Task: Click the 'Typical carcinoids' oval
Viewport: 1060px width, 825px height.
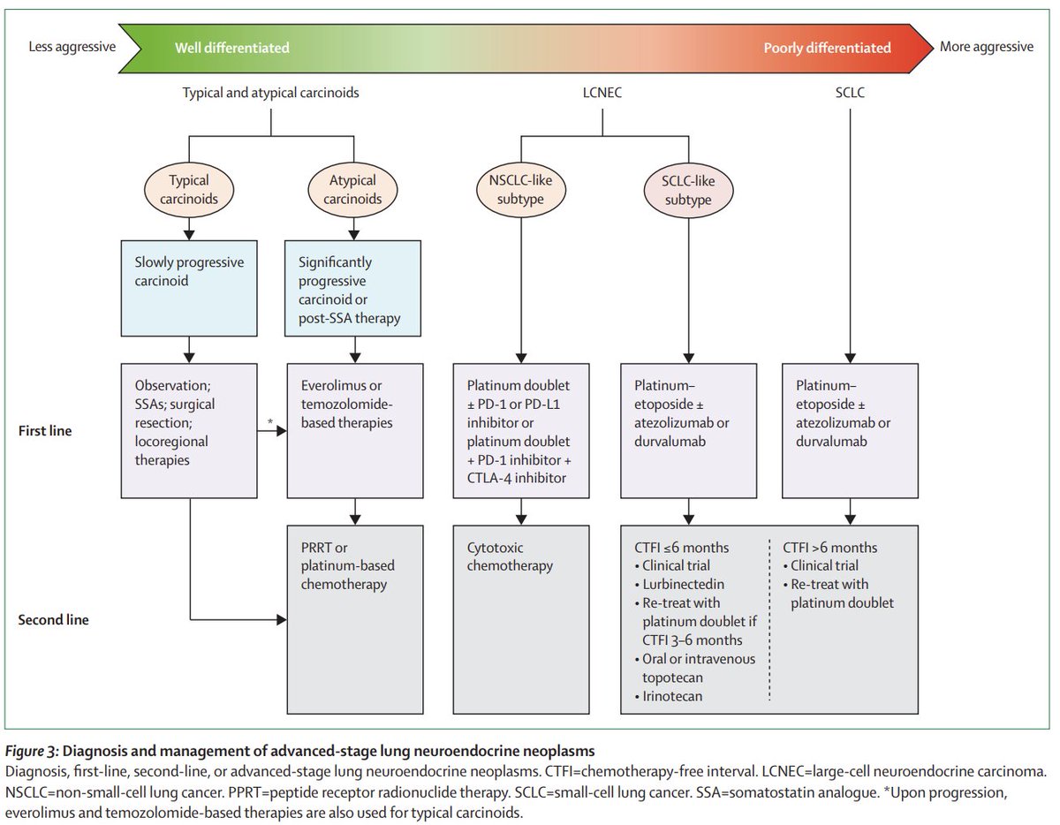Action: click(x=189, y=190)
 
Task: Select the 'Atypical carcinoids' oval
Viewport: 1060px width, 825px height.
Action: click(x=352, y=190)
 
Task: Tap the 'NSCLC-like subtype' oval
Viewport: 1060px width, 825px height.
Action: click(x=521, y=190)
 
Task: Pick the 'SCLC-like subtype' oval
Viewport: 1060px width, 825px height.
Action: click(x=688, y=190)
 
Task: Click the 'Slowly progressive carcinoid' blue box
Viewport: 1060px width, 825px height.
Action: click(x=189, y=288)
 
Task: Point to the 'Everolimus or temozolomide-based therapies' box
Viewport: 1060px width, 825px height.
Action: click(x=355, y=430)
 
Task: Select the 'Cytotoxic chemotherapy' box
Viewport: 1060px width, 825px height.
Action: click(x=521, y=619)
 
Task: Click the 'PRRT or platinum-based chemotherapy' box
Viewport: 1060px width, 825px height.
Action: click(x=355, y=619)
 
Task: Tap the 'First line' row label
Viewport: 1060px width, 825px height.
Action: click(x=45, y=431)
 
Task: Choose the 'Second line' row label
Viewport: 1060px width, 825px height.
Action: click(x=53, y=620)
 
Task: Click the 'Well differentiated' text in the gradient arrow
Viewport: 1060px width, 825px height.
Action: click(x=232, y=48)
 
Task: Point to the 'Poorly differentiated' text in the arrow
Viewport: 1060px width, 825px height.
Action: click(x=828, y=48)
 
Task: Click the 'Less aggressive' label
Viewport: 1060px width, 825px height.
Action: click(x=72, y=47)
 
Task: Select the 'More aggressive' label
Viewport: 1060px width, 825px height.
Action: click(x=987, y=47)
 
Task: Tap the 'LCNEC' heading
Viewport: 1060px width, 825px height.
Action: click(x=602, y=93)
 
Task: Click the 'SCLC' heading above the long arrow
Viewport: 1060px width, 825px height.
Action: click(x=850, y=93)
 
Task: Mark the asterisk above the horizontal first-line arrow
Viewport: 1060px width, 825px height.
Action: click(x=270, y=421)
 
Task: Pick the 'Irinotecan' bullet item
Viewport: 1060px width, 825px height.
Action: click(x=669, y=696)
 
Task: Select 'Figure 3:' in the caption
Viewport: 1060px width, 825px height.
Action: click(x=32, y=751)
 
